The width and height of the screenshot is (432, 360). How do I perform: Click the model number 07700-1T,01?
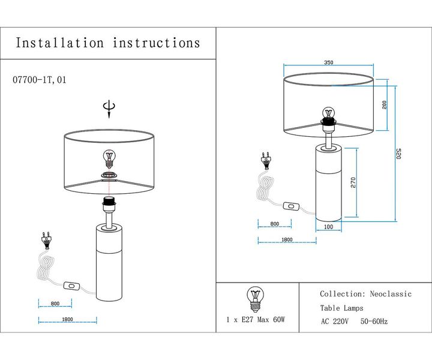(39, 79)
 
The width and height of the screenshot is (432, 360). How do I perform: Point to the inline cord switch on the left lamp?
(72, 286)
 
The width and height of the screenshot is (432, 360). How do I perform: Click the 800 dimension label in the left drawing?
(55, 304)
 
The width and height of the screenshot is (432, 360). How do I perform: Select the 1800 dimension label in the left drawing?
(67, 319)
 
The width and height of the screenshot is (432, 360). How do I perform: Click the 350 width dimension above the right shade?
(328, 62)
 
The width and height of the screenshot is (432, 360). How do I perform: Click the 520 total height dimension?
(397, 154)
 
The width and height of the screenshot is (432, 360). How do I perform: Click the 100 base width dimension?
(328, 227)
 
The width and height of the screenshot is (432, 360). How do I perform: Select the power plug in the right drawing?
(264, 160)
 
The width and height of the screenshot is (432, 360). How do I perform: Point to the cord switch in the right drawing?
(292, 206)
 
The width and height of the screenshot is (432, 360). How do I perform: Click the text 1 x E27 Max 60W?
(255, 320)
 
